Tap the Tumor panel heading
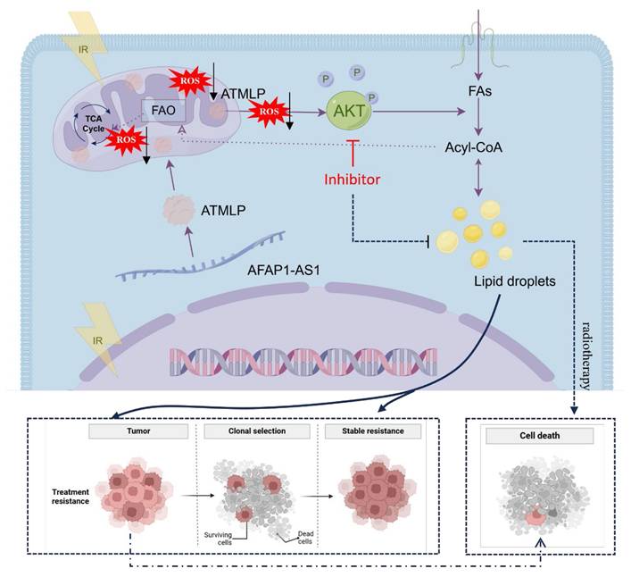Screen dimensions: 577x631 click(137, 431)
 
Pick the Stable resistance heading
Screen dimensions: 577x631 click(369, 431)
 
